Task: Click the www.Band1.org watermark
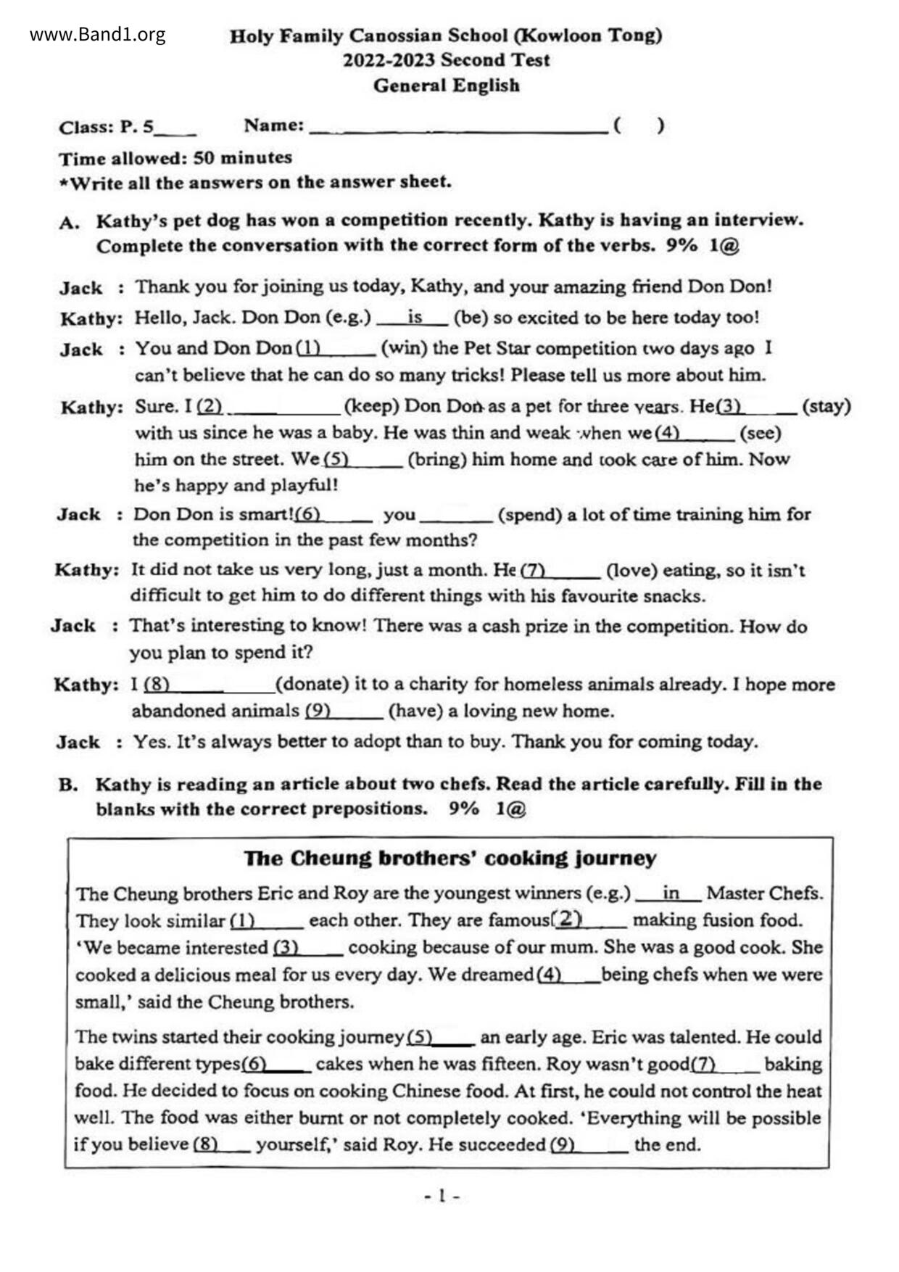pyautogui.click(x=97, y=35)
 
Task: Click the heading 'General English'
pyautogui.click(x=446, y=86)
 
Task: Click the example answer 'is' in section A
pyautogui.click(x=415, y=317)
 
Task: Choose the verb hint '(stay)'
pyautogui.click(x=826, y=406)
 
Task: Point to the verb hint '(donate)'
pyautogui.click(x=312, y=684)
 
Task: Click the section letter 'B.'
pyautogui.click(x=68, y=785)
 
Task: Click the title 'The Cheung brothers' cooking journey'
pyautogui.click(x=449, y=859)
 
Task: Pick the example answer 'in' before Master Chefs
pyautogui.click(x=671, y=893)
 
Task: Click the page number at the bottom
pyautogui.click(x=442, y=1195)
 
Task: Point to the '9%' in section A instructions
pyautogui.click(x=681, y=245)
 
